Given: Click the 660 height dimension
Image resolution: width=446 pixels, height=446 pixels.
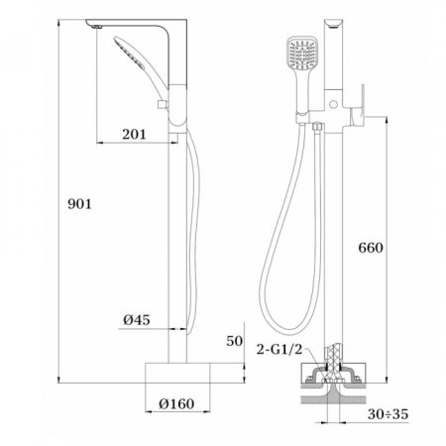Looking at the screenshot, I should pyautogui.click(x=369, y=247).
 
